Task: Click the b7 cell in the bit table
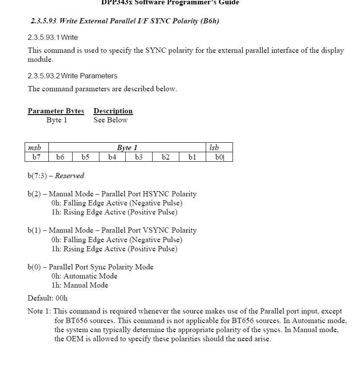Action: [36, 157]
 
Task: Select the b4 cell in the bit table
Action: [112, 157]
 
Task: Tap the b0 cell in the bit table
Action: [220, 157]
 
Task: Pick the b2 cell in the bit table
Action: [166, 157]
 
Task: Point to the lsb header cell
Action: [214, 147]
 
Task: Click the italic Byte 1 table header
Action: [127, 147]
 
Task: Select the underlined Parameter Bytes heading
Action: [56, 111]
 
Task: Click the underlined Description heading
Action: [113, 111]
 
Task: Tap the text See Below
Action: [111, 120]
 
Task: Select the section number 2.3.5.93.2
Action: [44, 76]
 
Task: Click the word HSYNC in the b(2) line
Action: [156, 194]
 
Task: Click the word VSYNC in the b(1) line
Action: [156, 230]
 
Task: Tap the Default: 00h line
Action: [48, 298]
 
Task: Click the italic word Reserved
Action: [70, 176]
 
